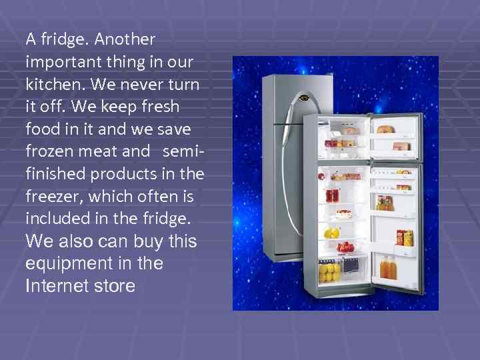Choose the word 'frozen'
[49, 151]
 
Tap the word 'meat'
[98, 151]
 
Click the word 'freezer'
[52, 196]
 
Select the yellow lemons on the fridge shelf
[331, 233]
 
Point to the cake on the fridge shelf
[344, 214]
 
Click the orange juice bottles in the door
[389, 268]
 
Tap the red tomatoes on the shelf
[345, 247]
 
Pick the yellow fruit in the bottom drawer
[329, 271]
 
